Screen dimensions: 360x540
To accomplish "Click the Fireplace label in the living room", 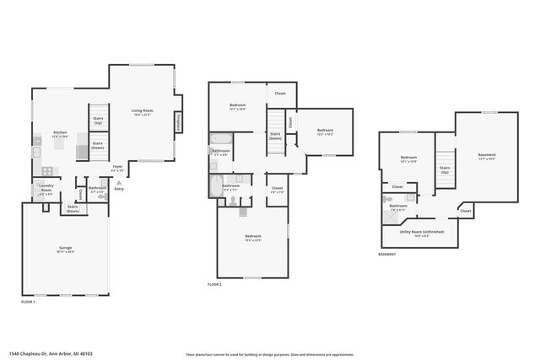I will pos(178,124).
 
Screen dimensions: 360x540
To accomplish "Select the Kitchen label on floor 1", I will pos(60,135).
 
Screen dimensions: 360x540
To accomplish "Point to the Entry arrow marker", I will pos(118,181).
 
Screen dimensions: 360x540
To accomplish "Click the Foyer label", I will pos(118,168).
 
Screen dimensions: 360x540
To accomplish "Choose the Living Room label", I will pos(141,112).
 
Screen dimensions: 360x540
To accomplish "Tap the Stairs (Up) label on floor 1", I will pos(98,121).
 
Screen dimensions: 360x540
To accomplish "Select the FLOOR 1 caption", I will pos(28,301).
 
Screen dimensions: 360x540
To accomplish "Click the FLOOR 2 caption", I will pos(214,285).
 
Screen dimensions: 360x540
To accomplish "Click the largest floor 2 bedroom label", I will pos(253,238).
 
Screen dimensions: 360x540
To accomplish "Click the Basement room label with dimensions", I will pos(487,157).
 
